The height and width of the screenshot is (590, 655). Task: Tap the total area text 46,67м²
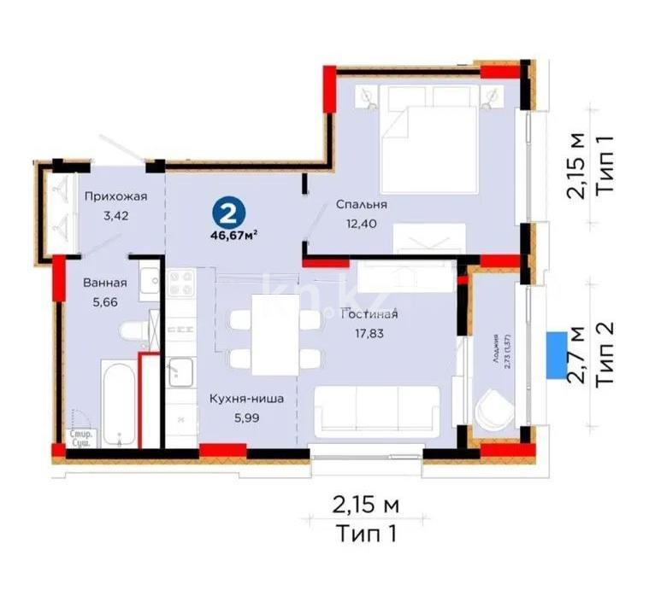click(x=228, y=237)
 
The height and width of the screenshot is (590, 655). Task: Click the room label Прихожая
click(x=115, y=196)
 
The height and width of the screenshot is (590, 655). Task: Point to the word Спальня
click(x=362, y=205)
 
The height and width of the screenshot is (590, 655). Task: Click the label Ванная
click(x=105, y=283)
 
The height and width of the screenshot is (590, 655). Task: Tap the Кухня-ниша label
click(x=246, y=398)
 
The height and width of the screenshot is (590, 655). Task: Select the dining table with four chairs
click(x=274, y=334)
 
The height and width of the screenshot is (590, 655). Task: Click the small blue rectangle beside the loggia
click(x=552, y=354)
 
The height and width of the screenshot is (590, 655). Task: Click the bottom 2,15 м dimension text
click(x=365, y=505)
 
